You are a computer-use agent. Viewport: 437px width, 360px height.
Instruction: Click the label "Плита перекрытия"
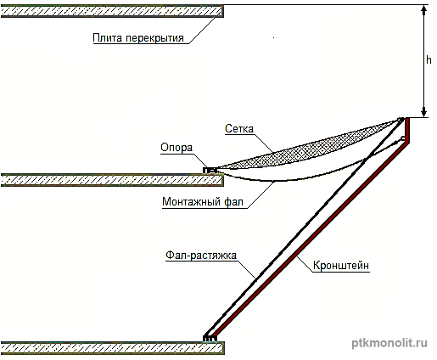pos(138,38)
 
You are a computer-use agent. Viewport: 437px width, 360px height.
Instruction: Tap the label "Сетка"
pos(239,129)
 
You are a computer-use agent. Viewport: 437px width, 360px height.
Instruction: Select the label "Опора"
pos(176,148)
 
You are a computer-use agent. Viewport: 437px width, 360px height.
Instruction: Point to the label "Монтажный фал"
pos(203,202)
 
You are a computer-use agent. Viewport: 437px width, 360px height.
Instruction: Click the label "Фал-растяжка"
pos(201,256)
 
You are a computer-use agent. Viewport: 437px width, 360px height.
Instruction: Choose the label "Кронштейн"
pos(341,266)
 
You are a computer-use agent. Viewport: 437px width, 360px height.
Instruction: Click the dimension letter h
pos(429,60)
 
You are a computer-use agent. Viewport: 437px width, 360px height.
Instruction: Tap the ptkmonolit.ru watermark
pos(389,343)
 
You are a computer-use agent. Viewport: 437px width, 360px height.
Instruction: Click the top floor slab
pos(112,11)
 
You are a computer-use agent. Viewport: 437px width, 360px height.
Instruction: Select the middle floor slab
pos(112,180)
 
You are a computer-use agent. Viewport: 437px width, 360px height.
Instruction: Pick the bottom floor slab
pos(113,348)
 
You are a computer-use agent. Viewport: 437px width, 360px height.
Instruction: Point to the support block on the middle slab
pos(210,170)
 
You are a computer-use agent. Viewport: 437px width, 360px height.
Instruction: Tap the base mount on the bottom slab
pos(210,338)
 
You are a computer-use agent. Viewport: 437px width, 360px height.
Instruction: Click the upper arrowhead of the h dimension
pos(423,10)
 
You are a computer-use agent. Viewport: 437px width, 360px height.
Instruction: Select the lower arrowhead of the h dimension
pos(423,112)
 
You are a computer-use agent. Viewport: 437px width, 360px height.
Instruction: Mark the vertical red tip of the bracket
pos(407,130)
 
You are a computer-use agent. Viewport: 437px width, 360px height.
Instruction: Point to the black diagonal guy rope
pos(303,227)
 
